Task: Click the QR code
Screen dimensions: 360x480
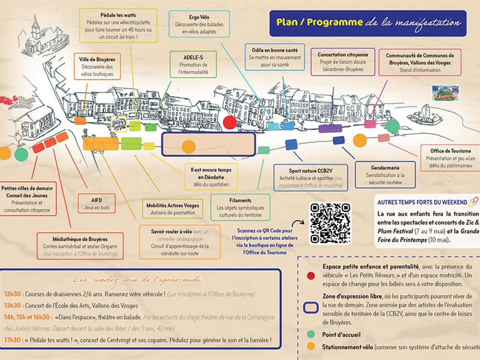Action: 330,223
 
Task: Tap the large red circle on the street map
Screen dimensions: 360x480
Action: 230,122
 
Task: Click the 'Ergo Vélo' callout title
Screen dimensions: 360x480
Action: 199,17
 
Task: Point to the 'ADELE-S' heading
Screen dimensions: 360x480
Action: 193,57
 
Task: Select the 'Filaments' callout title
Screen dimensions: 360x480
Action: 240,200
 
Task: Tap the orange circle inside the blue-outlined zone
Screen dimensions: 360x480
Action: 188,147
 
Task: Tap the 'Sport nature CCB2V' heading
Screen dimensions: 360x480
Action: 310,171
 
